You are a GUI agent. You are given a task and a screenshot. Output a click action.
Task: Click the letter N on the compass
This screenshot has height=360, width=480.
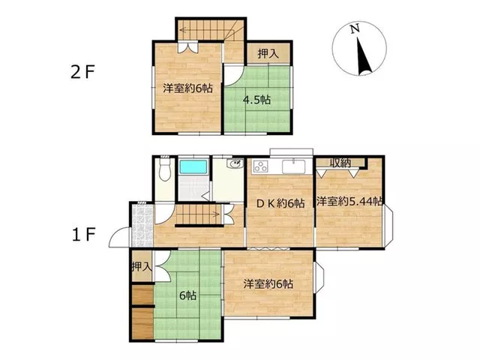[x=355, y=29]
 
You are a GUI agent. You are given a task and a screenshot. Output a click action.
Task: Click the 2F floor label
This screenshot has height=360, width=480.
[x=82, y=73]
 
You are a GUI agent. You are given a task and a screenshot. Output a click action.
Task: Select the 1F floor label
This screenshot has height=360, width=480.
[x=83, y=235]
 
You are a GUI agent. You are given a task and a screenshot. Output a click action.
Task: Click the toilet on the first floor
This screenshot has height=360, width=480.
[x=165, y=170]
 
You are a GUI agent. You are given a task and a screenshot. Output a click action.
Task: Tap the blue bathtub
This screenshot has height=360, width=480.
[x=193, y=167]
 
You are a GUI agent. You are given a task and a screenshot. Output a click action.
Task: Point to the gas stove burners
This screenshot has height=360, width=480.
[x=261, y=166]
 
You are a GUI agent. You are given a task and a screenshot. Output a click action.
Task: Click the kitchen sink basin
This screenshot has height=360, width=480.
[x=294, y=166]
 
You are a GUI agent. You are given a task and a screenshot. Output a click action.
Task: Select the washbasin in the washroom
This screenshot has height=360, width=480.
[x=235, y=164]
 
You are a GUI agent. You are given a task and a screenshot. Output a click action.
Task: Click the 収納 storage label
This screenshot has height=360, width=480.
[x=340, y=163]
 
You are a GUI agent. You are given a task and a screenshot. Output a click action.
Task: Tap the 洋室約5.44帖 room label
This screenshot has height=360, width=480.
[x=349, y=202]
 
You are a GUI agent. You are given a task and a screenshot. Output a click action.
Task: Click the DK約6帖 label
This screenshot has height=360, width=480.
[x=280, y=203]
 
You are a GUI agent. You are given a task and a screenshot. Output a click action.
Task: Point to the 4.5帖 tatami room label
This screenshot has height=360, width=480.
[x=256, y=100]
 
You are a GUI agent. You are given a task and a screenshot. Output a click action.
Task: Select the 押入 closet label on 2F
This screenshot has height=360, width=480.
[x=268, y=53]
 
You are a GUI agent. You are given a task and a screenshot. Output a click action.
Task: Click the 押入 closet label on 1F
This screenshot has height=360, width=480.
[x=142, y=267]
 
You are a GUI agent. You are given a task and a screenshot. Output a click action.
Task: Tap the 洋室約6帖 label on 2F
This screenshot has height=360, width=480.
[x=187, y=88]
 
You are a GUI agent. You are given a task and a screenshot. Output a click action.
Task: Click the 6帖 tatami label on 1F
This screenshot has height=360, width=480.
[x=187, y=295]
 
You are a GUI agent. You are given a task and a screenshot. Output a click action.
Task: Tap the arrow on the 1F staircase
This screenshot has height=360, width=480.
[x=198, y=214]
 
